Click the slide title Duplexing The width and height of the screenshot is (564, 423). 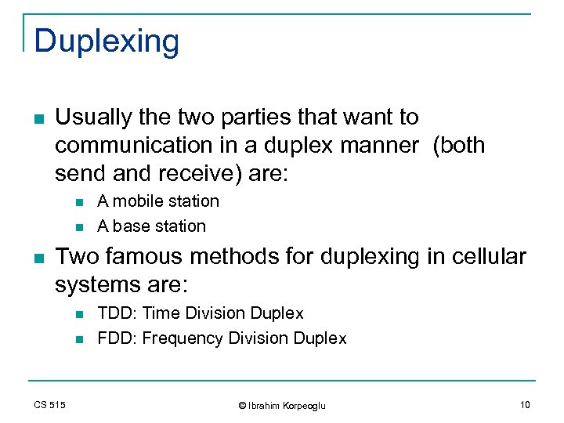[107, 42]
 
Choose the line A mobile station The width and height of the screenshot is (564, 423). [157, 201]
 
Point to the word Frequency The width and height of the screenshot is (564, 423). [180, 338]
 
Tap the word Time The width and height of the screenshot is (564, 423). [160, 313]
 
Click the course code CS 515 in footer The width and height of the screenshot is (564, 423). [49, 404]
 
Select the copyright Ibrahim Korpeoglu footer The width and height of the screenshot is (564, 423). [281, 405]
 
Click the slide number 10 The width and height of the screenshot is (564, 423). [524, 404]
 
